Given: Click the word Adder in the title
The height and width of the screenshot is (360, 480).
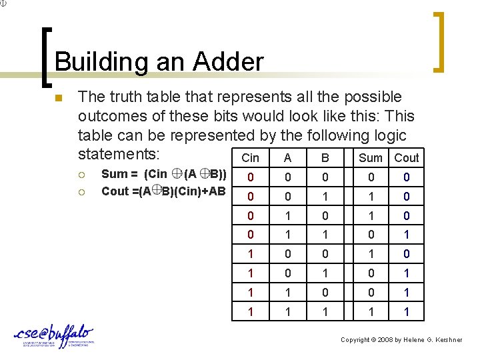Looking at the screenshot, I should click(229, 62).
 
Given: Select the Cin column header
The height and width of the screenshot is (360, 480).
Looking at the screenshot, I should click(250, 158).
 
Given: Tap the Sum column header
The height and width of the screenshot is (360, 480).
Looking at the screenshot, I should click(371, 158).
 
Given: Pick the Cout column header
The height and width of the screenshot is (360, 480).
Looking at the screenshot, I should click(406, 158).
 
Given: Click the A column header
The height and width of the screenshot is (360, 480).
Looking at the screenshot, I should click(287, 158).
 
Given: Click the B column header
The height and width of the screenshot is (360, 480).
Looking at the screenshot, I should click(325, 158).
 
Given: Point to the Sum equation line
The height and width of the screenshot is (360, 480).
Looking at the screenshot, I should click(163, 175).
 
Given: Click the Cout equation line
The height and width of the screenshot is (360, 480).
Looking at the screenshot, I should click(163, 191).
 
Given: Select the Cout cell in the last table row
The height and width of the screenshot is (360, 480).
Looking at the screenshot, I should click(406, 312).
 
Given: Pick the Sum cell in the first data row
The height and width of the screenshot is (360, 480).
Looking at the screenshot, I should click(371, 177).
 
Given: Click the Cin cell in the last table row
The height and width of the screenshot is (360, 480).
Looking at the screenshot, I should click(250, 312).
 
